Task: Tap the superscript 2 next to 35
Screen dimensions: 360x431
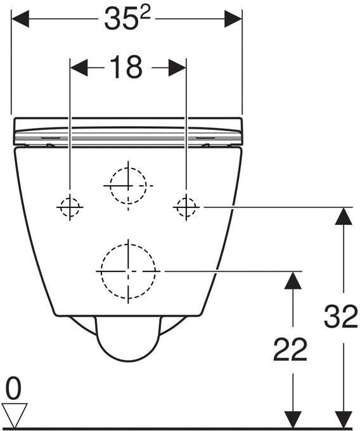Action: click(x=145, y=13)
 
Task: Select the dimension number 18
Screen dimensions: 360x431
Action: click(x=126, y=67)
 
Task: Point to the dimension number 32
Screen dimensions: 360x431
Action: click(x=341, y=316)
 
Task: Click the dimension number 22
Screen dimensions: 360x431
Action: click(x=290, y=349)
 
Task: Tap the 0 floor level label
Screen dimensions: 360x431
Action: click(x=13, y=388)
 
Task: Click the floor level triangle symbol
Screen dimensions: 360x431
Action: click(x=15, y=415)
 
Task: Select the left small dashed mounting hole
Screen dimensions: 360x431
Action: click(x=70, y=207)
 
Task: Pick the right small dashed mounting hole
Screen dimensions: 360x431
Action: click(x=186, y=207)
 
